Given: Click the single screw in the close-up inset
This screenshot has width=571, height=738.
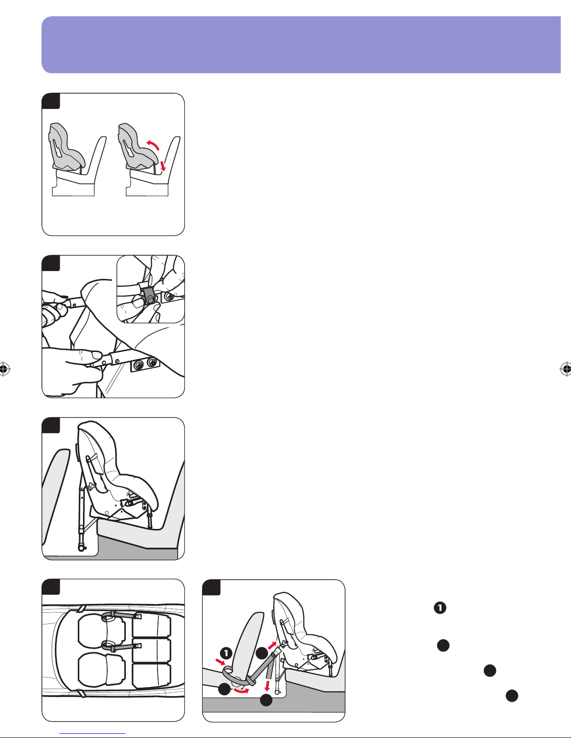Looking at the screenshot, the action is click(169, 297).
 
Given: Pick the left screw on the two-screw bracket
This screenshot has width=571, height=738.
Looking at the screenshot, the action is click(139, 366).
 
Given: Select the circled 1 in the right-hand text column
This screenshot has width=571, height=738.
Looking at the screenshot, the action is click(440, 608).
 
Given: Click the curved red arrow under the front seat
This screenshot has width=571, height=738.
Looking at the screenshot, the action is click(241, 691).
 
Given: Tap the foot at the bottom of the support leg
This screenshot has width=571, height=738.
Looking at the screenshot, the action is click(81, 548).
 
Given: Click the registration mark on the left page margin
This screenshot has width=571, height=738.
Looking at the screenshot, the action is click(4, 368).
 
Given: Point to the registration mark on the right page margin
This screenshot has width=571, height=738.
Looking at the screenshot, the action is click(565, 368).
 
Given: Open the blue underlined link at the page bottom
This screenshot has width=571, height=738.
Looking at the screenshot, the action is click(92, 734).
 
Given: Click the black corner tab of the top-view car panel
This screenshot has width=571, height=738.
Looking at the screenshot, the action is click(51, 587).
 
